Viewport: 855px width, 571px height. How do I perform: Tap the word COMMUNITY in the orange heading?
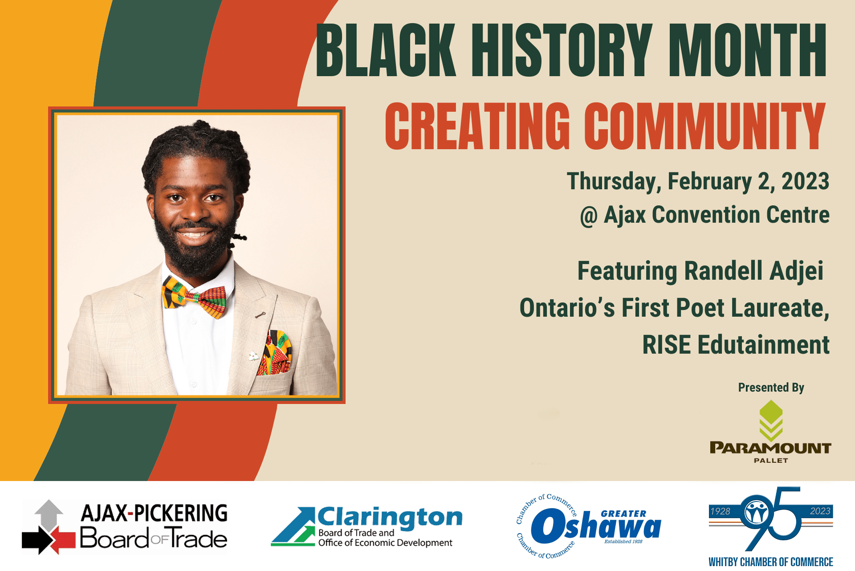tap(705, 126)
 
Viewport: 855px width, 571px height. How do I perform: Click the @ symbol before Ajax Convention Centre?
tap(588, 216)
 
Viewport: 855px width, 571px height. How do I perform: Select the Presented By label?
tap(771, 387)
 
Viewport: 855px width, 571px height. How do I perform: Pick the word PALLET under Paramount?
tap(771, 461)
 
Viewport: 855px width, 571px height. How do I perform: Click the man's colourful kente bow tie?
tap(194, 296)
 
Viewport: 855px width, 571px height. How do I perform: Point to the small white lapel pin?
tap(253, 355)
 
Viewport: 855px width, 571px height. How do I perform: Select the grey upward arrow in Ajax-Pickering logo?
tap(49, 515)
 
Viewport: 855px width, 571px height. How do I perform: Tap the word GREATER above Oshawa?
tap(623, 514)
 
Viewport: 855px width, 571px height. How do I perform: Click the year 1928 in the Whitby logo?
tap(721, 511)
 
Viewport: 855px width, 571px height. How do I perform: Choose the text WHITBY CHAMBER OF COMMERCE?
tap(771, 562)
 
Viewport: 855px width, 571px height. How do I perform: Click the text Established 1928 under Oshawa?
tap(623, 542)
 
